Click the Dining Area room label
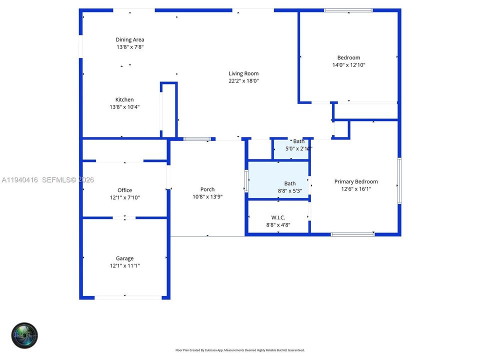130,39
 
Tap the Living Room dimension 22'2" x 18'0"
243,81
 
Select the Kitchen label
124,99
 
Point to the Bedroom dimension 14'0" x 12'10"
348,65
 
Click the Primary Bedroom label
356,181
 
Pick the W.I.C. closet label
278,217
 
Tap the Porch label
207,189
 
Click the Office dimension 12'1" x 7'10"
124,197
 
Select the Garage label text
124,258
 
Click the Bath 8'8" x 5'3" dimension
290,190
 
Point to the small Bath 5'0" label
298,141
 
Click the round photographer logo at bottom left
24,335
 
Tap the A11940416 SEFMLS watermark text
48,179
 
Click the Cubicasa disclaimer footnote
239,350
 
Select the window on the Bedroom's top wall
348,10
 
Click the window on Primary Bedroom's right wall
399,180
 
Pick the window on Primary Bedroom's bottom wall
352,234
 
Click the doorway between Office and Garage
124,217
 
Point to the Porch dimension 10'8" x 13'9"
207,197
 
